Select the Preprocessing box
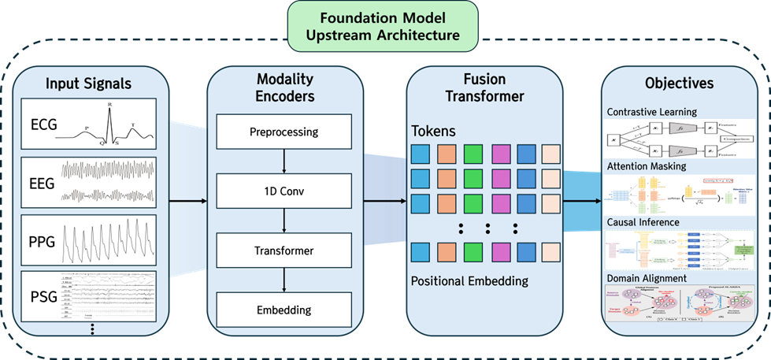(284, 132)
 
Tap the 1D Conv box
(284, 191)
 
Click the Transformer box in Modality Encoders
(284, 251)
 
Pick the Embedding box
(284, 310)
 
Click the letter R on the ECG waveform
(109, 103)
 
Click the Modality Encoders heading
(284, 88)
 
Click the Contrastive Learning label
(651, 112)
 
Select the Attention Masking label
(646, 167)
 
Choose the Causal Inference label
(643, 223)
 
